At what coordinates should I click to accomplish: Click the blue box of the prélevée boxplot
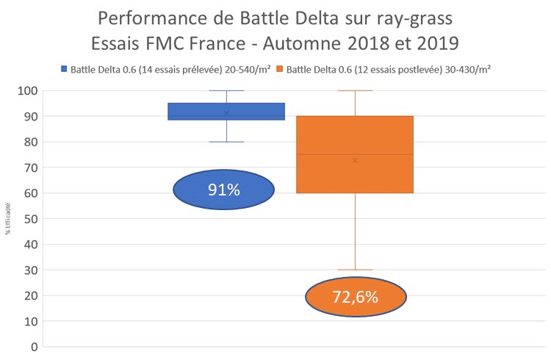point(226,111)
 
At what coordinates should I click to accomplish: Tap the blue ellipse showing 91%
point(223,190)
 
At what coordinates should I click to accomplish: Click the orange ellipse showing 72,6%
point(355,298)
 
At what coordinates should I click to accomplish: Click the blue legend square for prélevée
point(63,69)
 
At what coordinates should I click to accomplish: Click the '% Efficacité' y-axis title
point(9,219)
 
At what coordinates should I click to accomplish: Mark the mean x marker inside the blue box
point(226,113)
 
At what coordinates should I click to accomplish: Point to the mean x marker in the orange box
point(355,159)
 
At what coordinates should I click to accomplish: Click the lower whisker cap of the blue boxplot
point(226,142)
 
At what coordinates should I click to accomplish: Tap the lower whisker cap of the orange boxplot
point(355,270)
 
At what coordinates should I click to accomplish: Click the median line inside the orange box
point(355,154)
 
